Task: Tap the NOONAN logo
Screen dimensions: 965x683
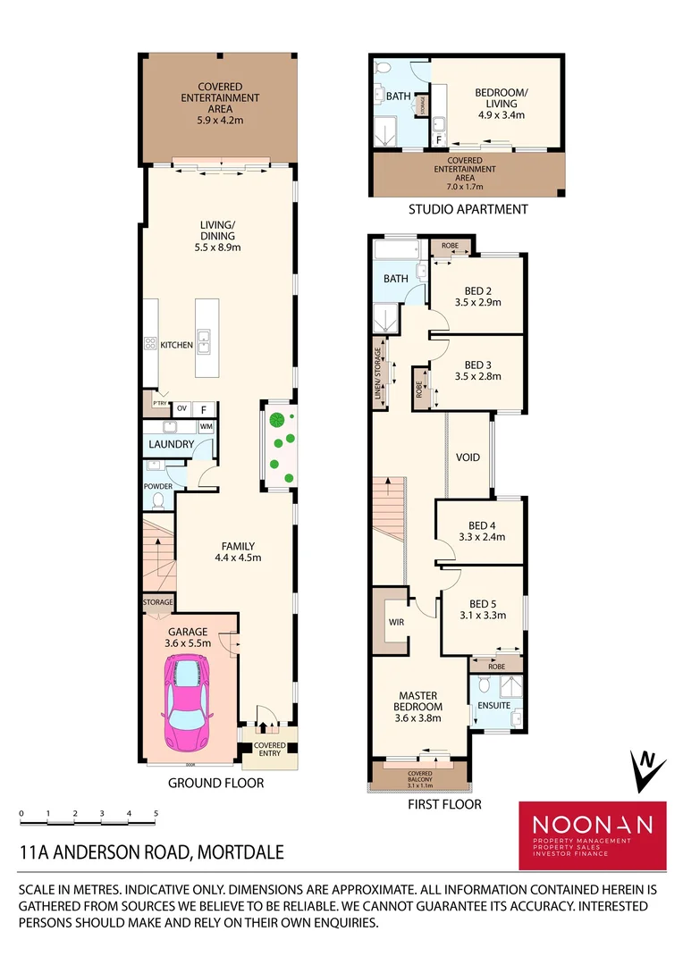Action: pyautogui.click(x=593, y=825)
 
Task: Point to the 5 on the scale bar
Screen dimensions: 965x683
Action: pyautogui.click(x=156, y=814)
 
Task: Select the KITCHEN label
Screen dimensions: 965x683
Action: pyautogui.click(x=176, y=344)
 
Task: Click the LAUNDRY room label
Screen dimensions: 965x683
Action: pyautogui.click(x=172, y=444)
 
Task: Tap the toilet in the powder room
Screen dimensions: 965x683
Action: pyautogui.click(x=159, y=500)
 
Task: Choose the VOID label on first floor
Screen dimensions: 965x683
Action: pyautogui.click(x=468, y=457)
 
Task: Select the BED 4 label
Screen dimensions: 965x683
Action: pyautogui.click(x=480, y=525)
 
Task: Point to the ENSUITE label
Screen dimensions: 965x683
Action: pyautogui.click(x=494, y=705)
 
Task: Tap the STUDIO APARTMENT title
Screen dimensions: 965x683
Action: pyautogui.click(x=468, y=210)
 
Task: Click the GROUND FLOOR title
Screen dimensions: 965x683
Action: pyautogui.click(x=215, y=783)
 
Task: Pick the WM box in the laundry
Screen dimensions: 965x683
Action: pyautogui.click(x=206, y=426)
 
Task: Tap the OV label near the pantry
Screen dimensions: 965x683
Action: pyautogui.click(x=181, y=409)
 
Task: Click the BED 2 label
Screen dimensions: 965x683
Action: pyautogui.click(x=479, y=290)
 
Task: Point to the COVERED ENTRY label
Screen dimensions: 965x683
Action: pyautogui.click(x=269, y=749)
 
